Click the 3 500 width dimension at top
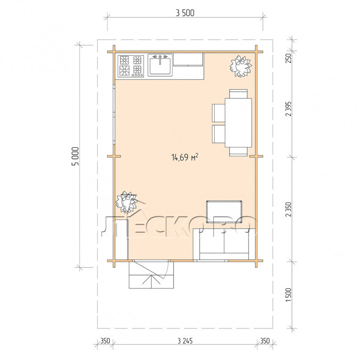[x=185, y=13]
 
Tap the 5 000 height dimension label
[x=76, y=156]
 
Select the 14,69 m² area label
[x=185, y=157]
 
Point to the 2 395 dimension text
[x=288, y=109]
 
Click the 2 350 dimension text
[x=288, y=209]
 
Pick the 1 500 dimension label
[x=288, y=295]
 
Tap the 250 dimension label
[x=288, y=58]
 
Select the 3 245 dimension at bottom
[x=185, y=341]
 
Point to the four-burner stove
[x=131, y=66]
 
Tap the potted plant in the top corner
[x=241, y=66]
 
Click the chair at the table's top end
[x=238, y=94]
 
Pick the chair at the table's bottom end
[x=238, y=152]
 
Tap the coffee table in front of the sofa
[x=224, y=211]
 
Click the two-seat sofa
[x=224, y=244]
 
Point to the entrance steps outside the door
[x=152, y=275]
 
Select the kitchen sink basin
[x=160, y=66]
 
